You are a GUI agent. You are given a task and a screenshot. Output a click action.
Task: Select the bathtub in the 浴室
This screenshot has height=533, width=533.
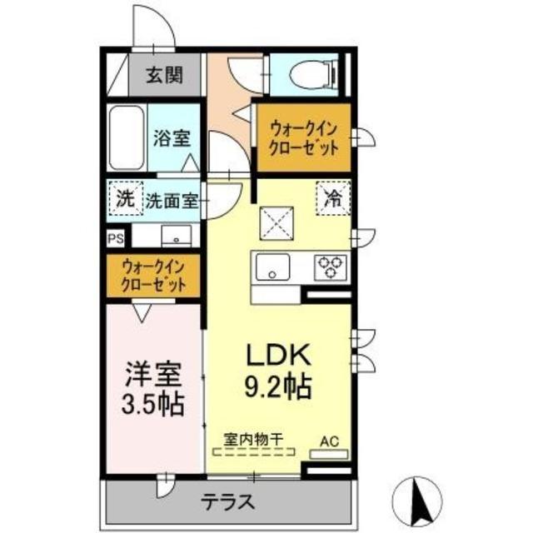pyautogui.click(x=127, y=137)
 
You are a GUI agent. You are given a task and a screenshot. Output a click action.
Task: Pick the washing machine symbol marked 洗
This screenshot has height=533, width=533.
pyautogui.click(x=124, y=199)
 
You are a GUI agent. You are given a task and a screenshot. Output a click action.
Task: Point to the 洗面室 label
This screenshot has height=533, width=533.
pyautogui.click(x=172, y=200)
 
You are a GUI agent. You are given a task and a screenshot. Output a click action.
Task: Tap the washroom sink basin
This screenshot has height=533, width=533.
pyautogui.click(x=177, y=236)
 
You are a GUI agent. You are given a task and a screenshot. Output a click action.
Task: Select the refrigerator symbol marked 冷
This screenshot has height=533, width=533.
pyautogui.click(x=332, y=199)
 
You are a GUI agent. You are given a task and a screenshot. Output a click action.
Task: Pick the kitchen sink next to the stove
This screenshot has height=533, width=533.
pyautogui.click(x=271, y=268)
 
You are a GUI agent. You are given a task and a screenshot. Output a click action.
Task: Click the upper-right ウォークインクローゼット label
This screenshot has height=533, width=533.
pyautogui.click(x=304, y=137)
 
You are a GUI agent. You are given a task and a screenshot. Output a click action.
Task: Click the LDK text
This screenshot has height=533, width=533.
pyautogui.click(x=277, y=356)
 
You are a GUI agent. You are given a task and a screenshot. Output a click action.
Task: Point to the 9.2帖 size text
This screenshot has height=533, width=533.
pyautogui.click(x=277, y=386)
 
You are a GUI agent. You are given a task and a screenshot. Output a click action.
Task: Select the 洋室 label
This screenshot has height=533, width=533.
pyautogui.click(x=152, y=371)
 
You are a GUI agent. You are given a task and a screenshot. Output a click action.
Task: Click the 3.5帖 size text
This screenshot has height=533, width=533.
pyautogui.click(x=152, y=406)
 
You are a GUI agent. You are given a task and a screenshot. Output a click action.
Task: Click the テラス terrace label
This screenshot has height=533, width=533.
pyautogui.click(x=227, y=503)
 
